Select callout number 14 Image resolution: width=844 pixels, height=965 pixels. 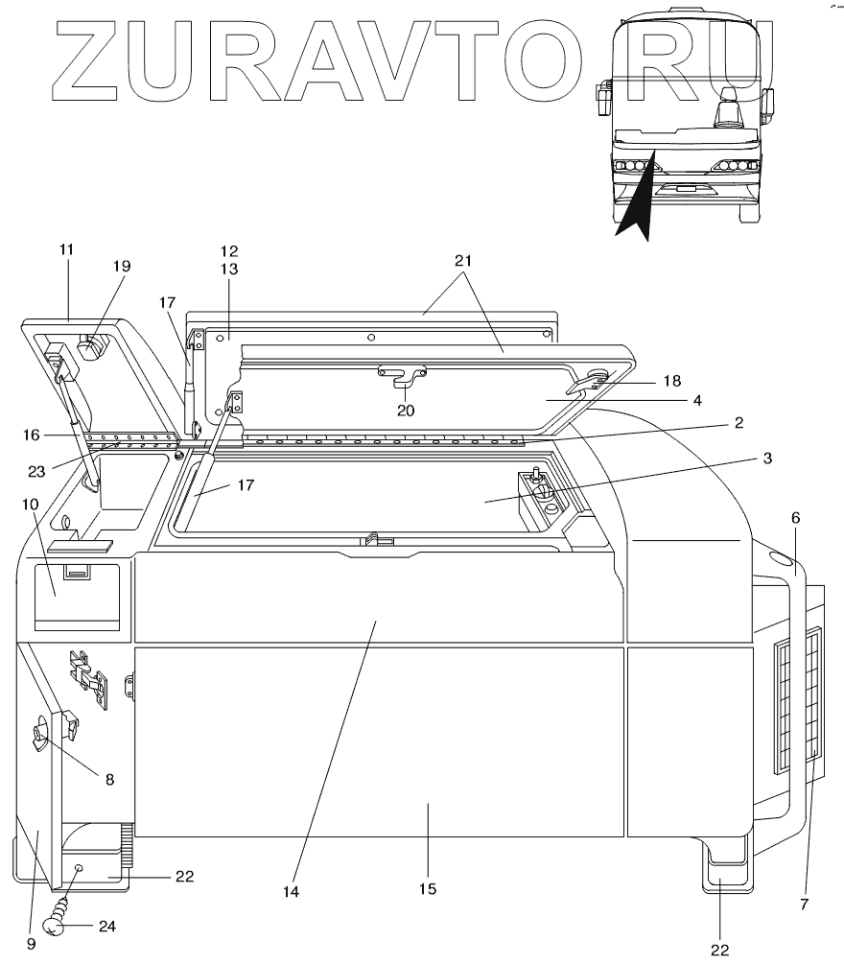pyautogui.click(x=291, y=891)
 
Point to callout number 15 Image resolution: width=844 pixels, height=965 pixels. pyautogui.click(x=428, y=889)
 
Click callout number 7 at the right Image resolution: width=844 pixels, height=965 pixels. pyautogui.click(x=804, y=905)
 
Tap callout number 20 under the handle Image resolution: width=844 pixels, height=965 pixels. pyautogui.click(x=406, y=412)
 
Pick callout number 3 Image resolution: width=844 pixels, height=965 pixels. pyautogui.click(x=767, y=459)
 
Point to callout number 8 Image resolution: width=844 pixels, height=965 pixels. pyautogui.click(x=108, y=780)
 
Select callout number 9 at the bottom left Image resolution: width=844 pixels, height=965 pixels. pyautogui.click(x=31, y=944)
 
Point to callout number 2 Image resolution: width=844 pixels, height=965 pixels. pyautogui.click(x=738, y=422)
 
